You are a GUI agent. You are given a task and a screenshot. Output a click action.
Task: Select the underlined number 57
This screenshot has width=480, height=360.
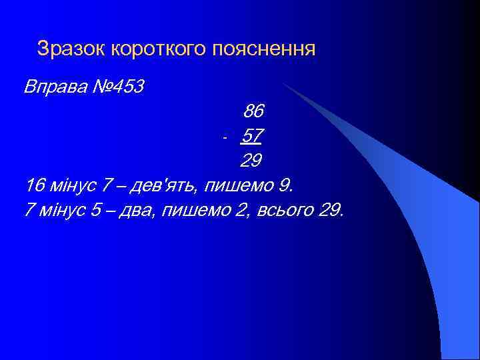point(251,136)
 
